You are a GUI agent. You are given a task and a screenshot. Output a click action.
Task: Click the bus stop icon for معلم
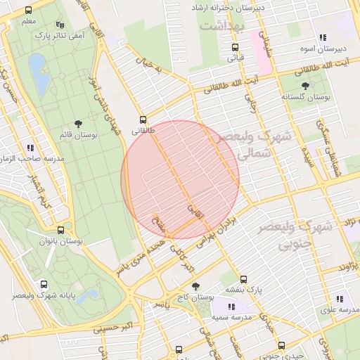tap(28, 11)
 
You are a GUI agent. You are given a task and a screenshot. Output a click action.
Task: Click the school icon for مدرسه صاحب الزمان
tap(30, 148)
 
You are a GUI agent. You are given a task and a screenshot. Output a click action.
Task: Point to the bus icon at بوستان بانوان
tap(60, 230)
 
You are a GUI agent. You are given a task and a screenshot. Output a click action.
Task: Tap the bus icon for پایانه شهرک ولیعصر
tap(44, 285)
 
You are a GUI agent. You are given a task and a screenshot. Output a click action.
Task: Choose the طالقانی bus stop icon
tap(143, 120)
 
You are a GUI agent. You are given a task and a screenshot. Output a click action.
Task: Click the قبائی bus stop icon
tap(235, 47)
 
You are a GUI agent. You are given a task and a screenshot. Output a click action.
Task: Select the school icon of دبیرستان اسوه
tap(323, 37)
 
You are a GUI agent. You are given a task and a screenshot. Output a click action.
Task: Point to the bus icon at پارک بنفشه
tap(243, 279)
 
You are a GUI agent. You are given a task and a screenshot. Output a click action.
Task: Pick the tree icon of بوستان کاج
tap(195, 286)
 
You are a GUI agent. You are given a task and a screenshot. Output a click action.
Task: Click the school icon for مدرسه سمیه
tap(232, 307)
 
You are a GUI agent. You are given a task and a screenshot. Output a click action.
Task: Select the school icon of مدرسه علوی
tap(340, 299)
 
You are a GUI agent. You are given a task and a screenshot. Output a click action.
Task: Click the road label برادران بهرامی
tap(228, 236)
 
